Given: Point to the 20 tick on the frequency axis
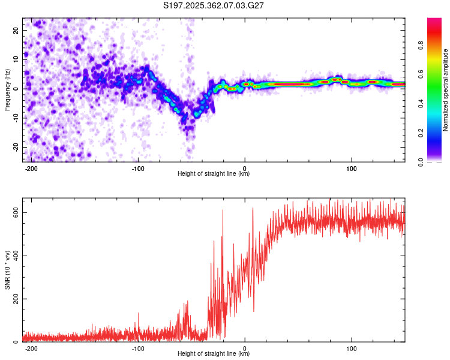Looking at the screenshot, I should [x=16, y=30].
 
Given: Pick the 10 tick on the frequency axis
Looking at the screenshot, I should [x=16, y=59].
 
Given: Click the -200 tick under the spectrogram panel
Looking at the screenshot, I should [x=31, y=168].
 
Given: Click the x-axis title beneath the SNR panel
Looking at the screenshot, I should [x=214, y=354].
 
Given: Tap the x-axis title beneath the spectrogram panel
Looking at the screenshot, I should [x=214, y=174].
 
